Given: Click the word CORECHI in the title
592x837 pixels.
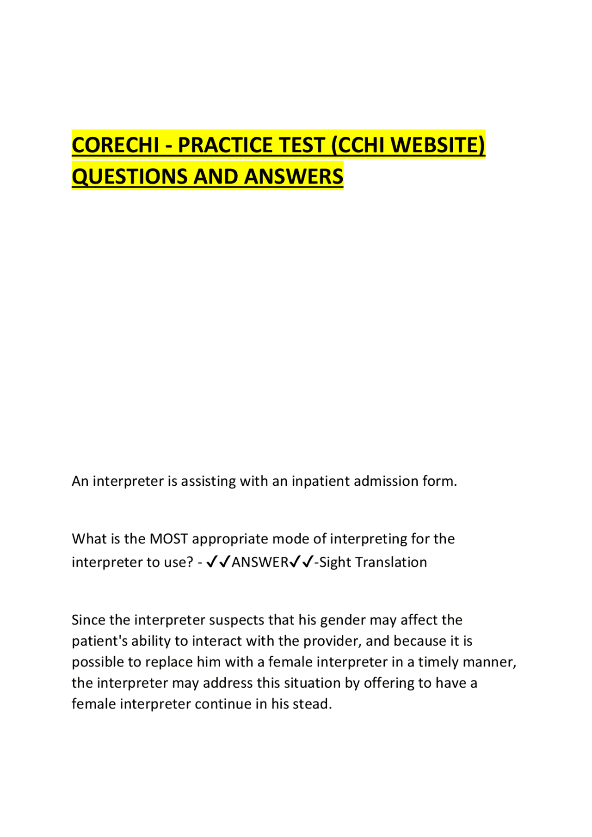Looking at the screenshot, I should [x=116, y=145].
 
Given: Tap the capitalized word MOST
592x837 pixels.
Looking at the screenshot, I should [x=169, y=539].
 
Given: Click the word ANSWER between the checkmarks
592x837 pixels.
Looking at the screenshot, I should [x=260, y=562].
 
